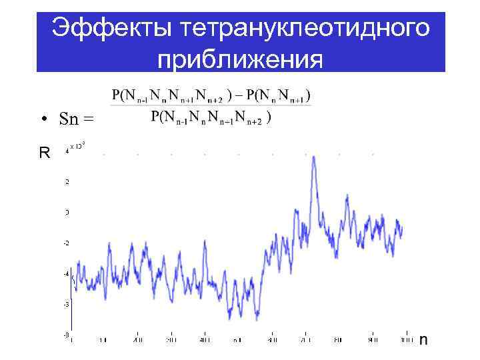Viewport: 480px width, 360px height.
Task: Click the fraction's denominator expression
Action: [210, 117]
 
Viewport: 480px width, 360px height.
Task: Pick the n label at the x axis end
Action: [423, 340]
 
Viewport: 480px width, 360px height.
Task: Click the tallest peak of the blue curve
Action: [313, 167]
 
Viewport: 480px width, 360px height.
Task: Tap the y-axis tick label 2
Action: [67, 181]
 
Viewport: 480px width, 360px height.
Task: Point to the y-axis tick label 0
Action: [67, 212]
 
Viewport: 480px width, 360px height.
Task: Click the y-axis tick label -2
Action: [66, 243]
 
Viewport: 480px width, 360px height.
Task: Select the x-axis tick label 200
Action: [138, 340]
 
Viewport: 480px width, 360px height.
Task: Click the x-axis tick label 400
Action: [205, 340]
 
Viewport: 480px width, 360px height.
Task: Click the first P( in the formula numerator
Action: [118, 95]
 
